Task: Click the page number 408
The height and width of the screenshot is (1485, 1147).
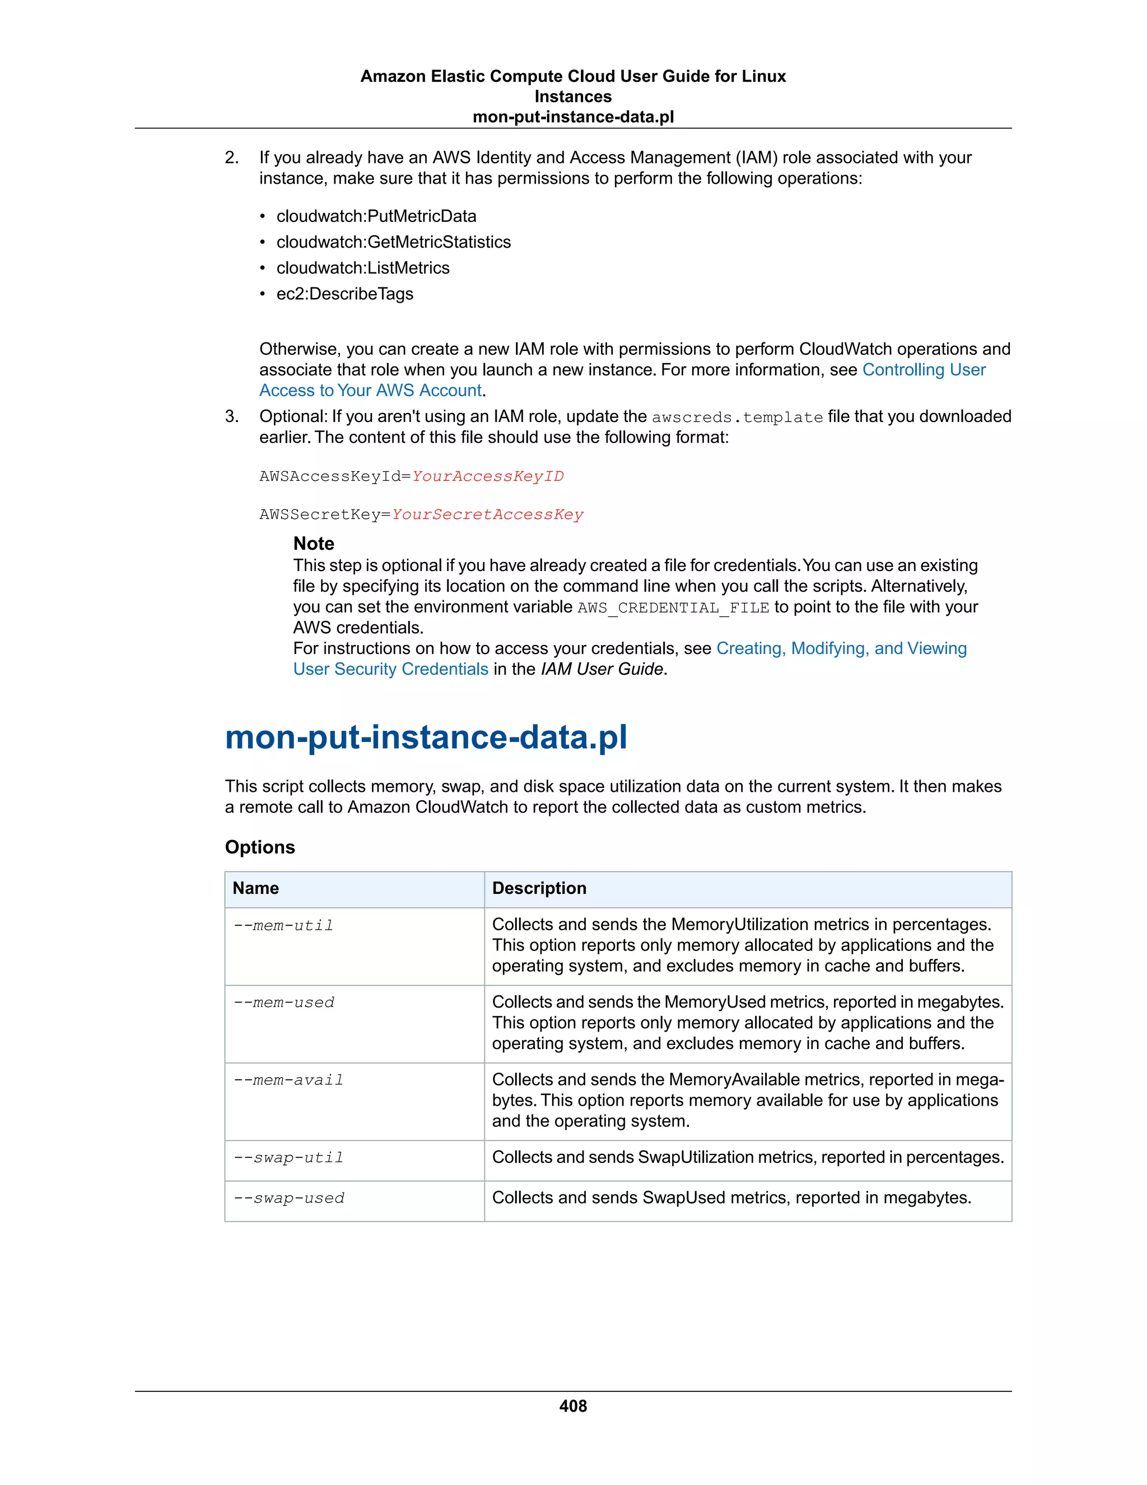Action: pos(573,1405)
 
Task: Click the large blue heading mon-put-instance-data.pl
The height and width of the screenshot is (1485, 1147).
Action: pos(426,737)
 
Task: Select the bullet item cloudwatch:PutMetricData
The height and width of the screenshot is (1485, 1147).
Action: pos(376,216)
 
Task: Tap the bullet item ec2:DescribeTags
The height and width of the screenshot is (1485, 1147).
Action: pos(344,294)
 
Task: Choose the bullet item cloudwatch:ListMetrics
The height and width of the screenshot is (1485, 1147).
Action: pos(363,268)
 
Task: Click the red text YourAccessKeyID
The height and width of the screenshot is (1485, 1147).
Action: pos(488,476)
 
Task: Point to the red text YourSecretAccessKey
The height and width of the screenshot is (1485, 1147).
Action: pos(487,515)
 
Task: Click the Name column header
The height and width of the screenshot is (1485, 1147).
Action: pos(255,888)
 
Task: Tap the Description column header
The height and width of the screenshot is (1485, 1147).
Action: pos(539,888)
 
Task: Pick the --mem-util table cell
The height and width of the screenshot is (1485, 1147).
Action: pos(283,925)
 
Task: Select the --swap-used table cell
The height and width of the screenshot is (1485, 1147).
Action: pos(289,1198)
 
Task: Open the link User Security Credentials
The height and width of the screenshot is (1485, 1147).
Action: pos(391,669)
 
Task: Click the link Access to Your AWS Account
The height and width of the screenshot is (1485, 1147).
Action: pos(370,390)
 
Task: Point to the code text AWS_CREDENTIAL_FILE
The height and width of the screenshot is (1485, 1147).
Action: pos(673,608)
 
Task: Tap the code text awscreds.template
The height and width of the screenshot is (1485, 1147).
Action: pos(737,417)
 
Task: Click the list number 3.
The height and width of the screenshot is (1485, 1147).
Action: pos(232,416)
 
